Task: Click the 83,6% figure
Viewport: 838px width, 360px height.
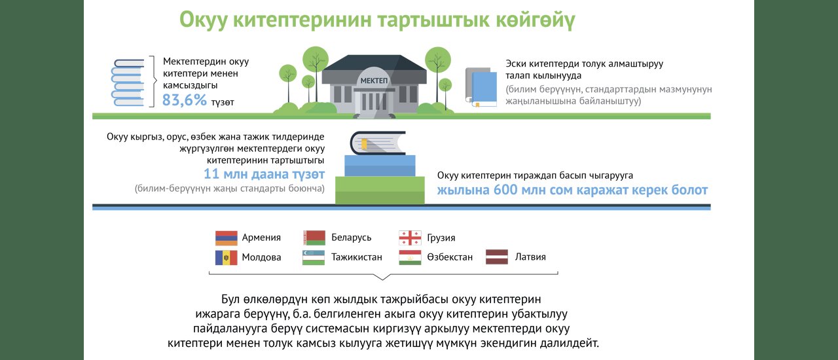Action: pos(184,100)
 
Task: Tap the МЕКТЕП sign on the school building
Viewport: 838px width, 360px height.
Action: pos(374,81)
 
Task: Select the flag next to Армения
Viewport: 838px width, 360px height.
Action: pos(227,238)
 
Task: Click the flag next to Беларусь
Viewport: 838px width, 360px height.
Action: pos(314,238)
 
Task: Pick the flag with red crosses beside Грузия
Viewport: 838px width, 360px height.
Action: pos(410,238)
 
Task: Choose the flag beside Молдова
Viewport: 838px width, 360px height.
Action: pos(227,257)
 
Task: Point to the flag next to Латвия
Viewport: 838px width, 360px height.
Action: pos(497,257)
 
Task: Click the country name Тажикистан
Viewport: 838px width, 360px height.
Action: pos(357,257)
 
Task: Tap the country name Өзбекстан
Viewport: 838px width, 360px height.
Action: pos(450,257)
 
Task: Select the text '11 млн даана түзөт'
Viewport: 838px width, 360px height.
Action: pos(264,174)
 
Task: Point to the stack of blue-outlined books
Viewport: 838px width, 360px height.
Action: pos(128,82)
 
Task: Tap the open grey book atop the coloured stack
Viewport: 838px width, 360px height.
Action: pos(378,143)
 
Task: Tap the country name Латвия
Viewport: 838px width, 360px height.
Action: pos(530,257)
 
